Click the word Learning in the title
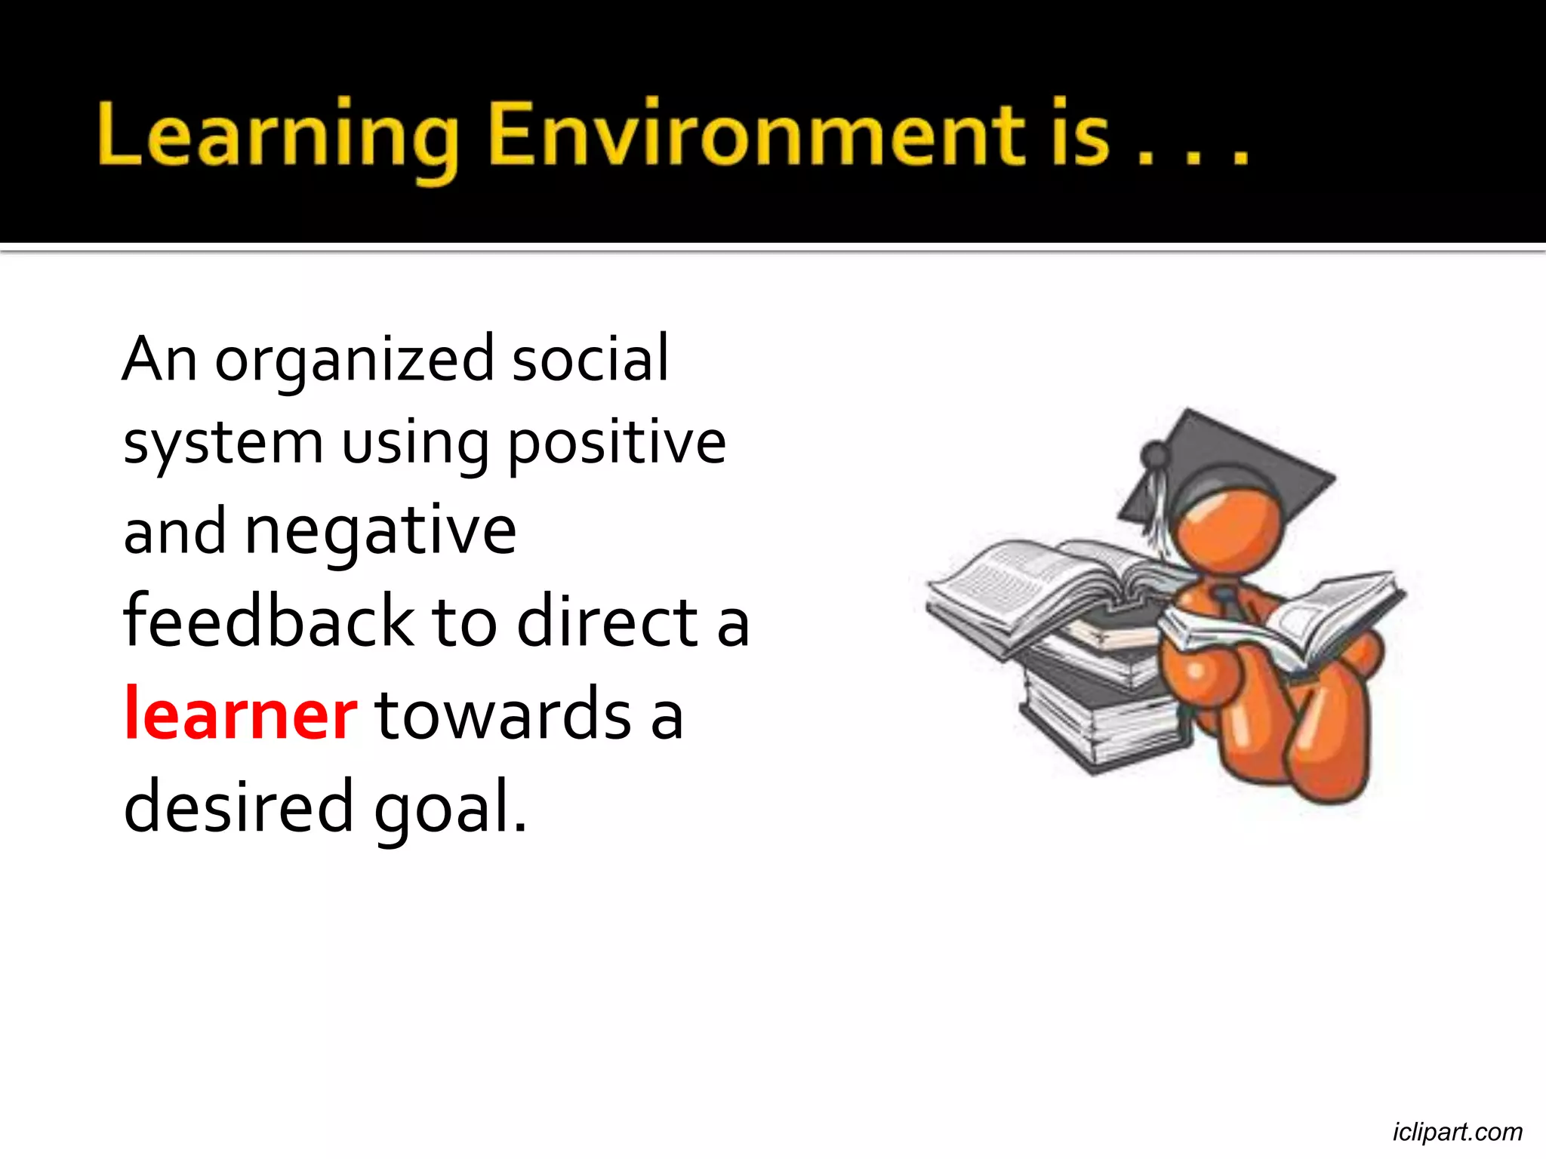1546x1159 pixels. [x=278, y=136]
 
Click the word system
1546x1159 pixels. [x=223, y=444]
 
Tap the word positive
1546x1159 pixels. [x=616, y=444]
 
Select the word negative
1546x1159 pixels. [x=380, y=533]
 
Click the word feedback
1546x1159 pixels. [x=268, y=622]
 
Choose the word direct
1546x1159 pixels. [x=608, y=622]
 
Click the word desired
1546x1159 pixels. [x=238, y=806]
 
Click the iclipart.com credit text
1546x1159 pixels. [x=1457, y=1132]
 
